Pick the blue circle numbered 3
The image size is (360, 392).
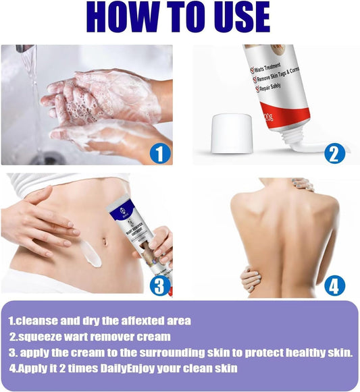tap(158, 285)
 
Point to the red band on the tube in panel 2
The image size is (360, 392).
tap(290, 117)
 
